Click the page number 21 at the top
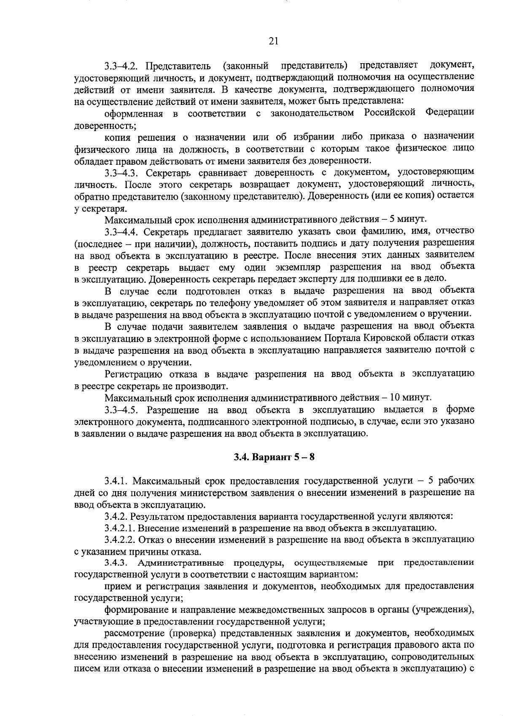273,41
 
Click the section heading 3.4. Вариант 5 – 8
275,458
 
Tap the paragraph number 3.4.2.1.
121,528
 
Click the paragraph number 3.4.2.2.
121,540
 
